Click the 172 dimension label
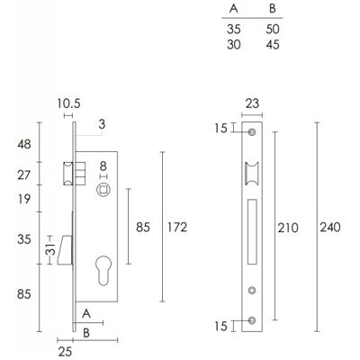[177, 228]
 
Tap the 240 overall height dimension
[330, 228]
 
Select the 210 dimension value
[288, 228]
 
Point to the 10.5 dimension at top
[69, 103]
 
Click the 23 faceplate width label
[252, 103]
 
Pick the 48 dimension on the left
[24, 144]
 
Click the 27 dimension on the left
[24, 175]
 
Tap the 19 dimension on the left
[24, 199]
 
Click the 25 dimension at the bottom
[65, 352]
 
